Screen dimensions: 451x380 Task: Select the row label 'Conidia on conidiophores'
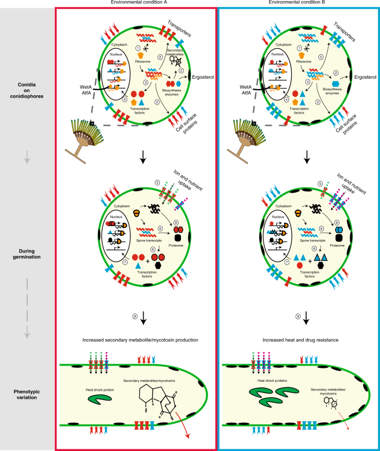pyautogui.click(x=27, y=95)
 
